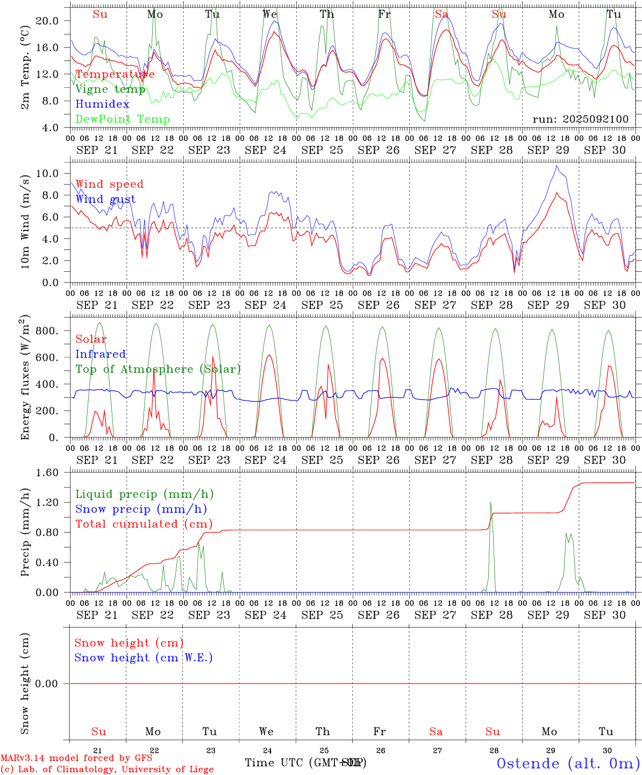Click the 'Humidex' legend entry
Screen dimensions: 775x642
click(x=102, y=104)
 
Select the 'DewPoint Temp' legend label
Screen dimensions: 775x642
click(x=123, y=119)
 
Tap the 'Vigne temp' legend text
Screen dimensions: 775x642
click(x=110, y=89)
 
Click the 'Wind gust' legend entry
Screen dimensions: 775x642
click(x=105, y=199)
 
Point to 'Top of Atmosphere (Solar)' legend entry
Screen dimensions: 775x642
click(x=158, y=369)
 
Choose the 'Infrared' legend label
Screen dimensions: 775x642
click(x=101, y=354)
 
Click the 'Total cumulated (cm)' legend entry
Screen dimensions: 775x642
click(x=144, y=524)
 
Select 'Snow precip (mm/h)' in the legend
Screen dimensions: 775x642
click(x=141, y=509)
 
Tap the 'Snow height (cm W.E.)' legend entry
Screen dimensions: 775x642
click(x=144, y=658)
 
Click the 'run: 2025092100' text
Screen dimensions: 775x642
click(x=580, y=119)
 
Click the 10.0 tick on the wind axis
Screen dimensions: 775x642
click(x=47, y=173)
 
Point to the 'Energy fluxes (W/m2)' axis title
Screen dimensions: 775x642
click(x=25, y=379)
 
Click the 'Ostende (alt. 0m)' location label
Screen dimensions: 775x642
click(x=568, y=763)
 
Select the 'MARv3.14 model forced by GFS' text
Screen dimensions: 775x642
click(x=76, y=758)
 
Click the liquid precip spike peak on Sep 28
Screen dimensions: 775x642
click(x=490, y=502)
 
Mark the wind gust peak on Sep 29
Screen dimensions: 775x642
click(x=557, y=166)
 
